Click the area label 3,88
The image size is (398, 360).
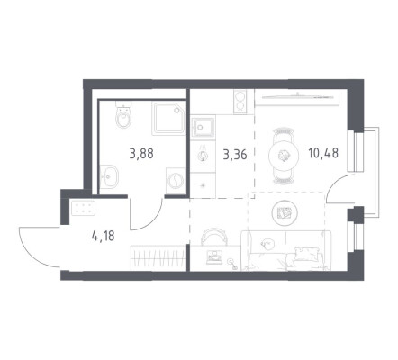(x=141, y=154)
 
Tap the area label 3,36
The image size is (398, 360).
(x=235, y=155)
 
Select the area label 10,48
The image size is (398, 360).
(x=323, y=153)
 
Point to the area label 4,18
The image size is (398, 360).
(x=103, y=236)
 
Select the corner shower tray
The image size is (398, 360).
(x=168, y=118)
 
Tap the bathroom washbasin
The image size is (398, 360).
(x=109, y=176)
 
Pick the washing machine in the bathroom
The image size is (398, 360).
(x=175, y=181)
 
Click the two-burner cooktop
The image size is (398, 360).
(x=240, y=102)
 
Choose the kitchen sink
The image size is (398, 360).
(x=203, y=128)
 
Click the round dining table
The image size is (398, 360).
(x=284, y=156)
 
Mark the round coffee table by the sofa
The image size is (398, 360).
(x=285, y=213)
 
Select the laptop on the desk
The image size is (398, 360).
(x=213, y=257)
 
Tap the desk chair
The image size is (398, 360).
(x=213, y=236)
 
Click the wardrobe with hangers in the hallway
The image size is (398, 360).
(x=158, y=258)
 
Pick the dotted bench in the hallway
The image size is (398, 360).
(x=83, y=207)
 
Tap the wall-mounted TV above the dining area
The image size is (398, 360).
(x=297, y=96)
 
